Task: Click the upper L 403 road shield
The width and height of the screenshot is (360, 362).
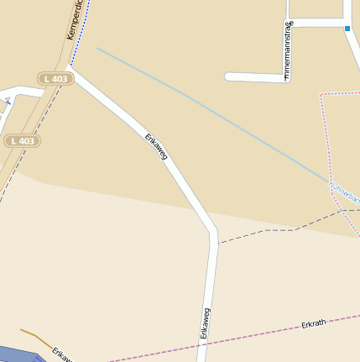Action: coord(56,78)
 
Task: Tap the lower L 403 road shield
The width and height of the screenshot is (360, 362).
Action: coord(23,140)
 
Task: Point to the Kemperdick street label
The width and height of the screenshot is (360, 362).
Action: coord(76,19)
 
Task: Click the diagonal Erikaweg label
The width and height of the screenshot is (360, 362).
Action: coord(157,146)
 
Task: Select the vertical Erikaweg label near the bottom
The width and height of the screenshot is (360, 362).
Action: coord(204,323)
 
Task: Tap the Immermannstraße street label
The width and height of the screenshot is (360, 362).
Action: coord(288,50)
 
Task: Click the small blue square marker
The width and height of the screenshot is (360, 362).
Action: coord(347,29)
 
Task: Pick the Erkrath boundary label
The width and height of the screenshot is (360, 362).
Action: coord(313,323)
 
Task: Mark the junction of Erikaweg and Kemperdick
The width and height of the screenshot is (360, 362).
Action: coord(69,66)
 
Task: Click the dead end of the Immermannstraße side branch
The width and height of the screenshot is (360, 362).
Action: coord(229,76)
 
